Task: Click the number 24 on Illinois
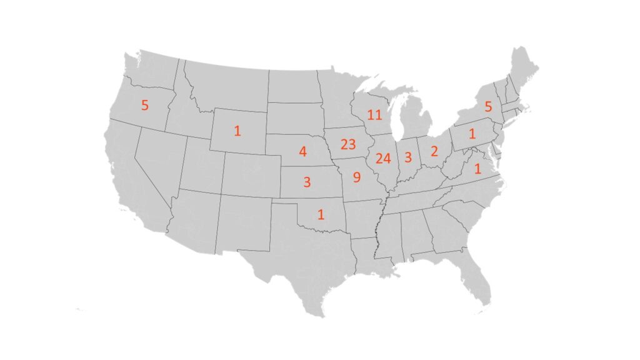coord(382,158)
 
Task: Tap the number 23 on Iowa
coord(348,144)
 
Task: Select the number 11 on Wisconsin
coord(374,114)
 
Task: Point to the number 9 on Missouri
coord(356,177)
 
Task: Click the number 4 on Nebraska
coord(302,151)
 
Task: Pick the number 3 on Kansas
coord(307,182)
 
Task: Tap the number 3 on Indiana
coord(408,157)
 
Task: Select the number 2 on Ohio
coord(434,151)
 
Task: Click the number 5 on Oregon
coord(145,105)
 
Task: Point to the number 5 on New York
coord(488,107)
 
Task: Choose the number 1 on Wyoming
coord(237,131)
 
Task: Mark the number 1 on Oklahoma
coord(321,214)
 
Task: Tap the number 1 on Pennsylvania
coord(472,133)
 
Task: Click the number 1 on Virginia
coord(478,168)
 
